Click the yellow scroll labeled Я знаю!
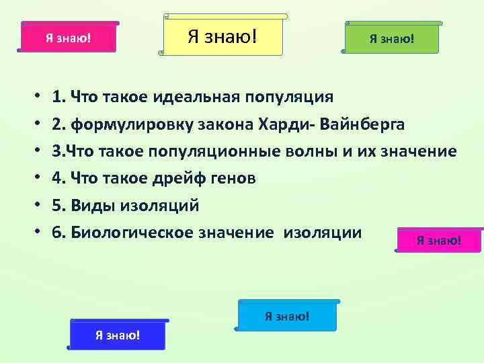(223, 34)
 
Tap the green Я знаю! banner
(391, 38)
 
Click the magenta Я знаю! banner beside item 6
(438, 240)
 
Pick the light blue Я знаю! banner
(287, 316)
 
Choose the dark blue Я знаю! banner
(118, 335)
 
